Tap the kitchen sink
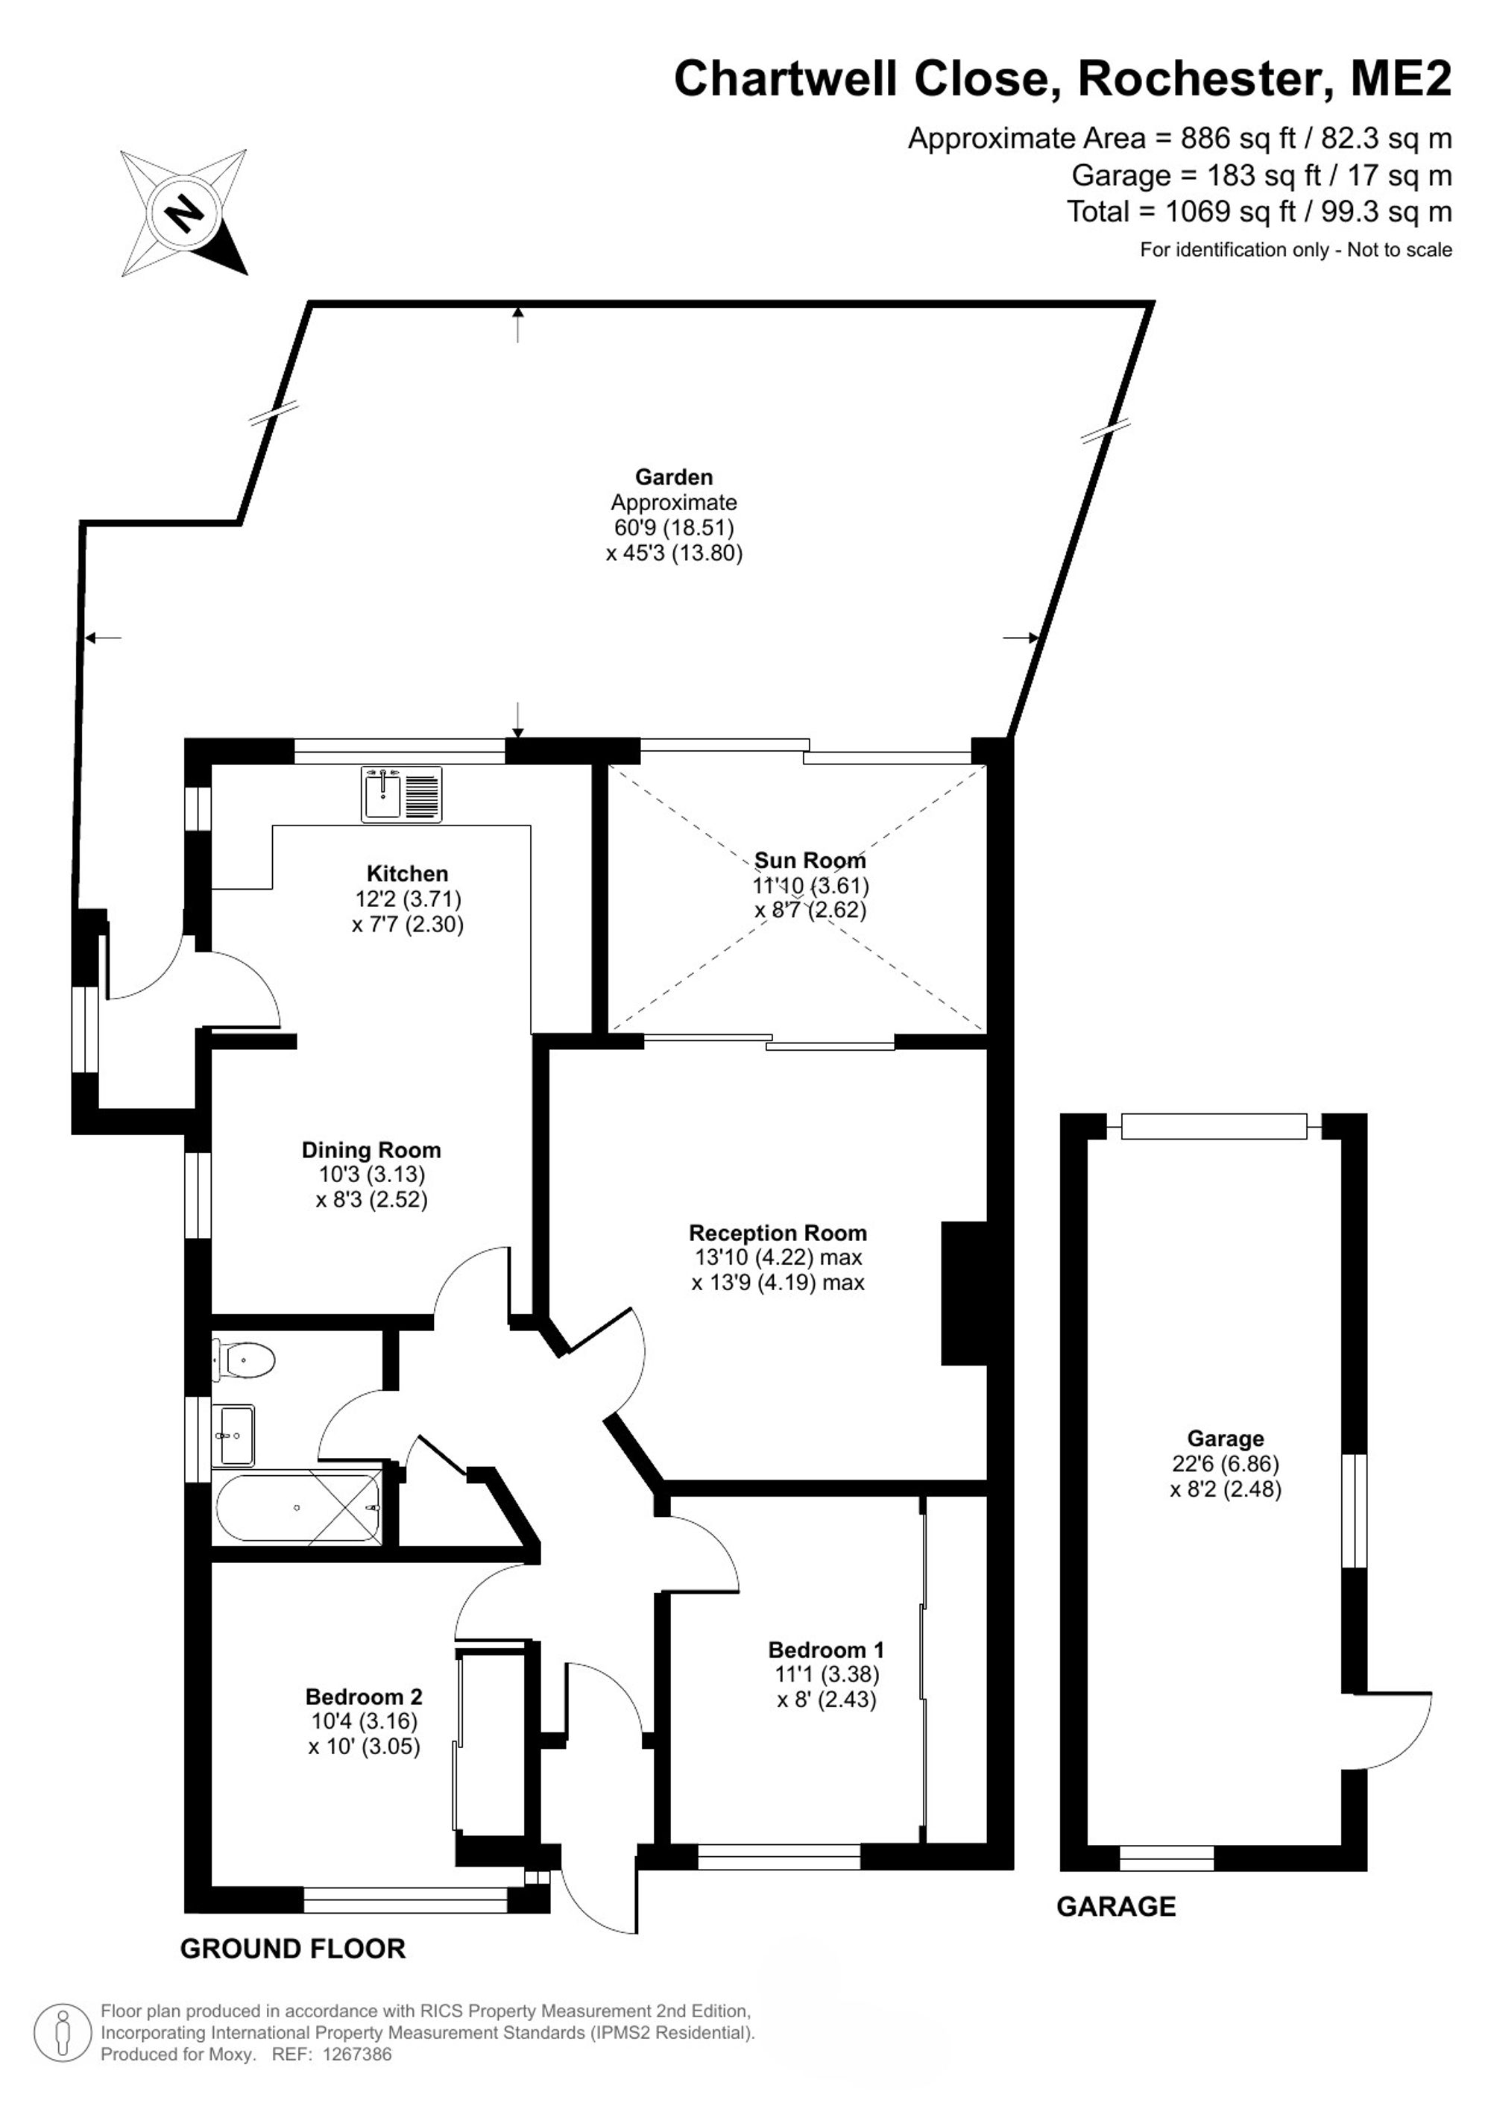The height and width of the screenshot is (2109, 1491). (401, 794)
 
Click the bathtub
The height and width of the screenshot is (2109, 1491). (298, 1507)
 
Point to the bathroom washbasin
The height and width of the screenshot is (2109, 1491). (234, 1435)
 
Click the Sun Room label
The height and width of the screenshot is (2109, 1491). (810, 861)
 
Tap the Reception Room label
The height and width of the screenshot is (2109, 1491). (778, 1233)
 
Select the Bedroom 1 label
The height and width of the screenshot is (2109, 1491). (826, 1650)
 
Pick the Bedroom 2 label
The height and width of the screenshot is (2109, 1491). (364, 1697)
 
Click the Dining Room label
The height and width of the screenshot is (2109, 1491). (371, 1150)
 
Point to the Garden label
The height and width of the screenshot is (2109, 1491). (674, 477)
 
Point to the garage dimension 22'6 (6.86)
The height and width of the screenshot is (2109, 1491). (1226, 1463)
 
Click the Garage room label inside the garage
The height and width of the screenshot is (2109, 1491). (1226, 1439)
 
